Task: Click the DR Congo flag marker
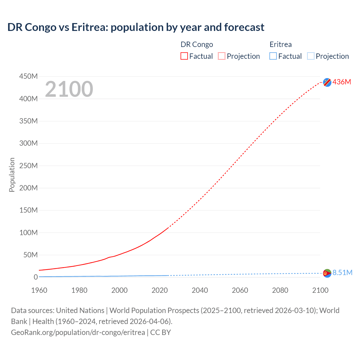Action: [327, 82]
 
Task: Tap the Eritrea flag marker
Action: [327, 273]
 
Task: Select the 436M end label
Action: [342, 82]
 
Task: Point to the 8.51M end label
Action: [342, 273]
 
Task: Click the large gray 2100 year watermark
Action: [69, 89]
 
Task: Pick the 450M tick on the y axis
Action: [28, 76]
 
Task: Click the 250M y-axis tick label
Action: [28, 166]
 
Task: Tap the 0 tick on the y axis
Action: [36, 277]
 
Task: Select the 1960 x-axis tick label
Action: [39, 290]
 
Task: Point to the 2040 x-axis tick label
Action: [200, 290]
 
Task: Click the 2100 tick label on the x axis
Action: [320, 290]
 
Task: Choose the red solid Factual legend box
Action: [184, 56]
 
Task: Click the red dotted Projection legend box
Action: [222, 56]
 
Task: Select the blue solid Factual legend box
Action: [273, 56]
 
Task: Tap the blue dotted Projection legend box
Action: [311, 56]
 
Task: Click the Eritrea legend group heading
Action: [280, 44]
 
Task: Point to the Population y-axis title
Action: [12, 175]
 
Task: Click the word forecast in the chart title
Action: [244, 27]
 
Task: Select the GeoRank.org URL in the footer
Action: [78, 332]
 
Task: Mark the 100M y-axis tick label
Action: [28, 233]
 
